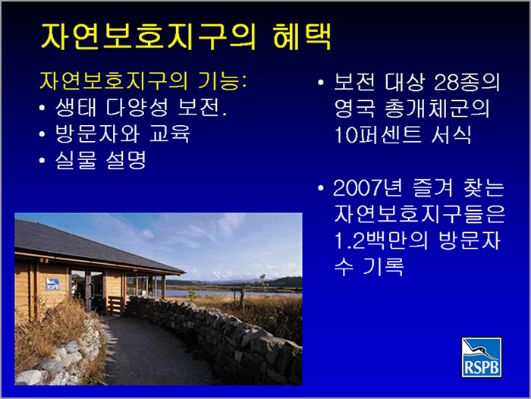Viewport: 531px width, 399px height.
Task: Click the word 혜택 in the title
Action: click(302, 36)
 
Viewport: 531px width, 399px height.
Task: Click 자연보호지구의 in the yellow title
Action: click(149, 36)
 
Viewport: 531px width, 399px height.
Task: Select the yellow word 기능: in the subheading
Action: click(222, 81)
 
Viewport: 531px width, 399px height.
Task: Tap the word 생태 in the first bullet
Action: click(76, 108)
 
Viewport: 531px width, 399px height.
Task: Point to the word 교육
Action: click(170, 134)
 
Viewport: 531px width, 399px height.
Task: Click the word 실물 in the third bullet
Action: click(76, 160)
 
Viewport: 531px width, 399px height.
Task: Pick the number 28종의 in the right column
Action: click(467, 82)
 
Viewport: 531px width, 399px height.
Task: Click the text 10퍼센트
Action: click(378, 135)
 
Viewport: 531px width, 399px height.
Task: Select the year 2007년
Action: click(368, 187)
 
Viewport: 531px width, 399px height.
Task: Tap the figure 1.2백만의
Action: click(381, 240)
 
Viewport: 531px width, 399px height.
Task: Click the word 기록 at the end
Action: click(383, 267)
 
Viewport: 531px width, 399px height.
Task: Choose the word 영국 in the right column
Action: click(354, 108)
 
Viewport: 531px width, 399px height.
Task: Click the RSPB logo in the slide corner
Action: click(481, 357)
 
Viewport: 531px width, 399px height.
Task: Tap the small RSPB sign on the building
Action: click(52, 284)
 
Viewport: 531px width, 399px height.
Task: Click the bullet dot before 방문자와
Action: click(42, 134)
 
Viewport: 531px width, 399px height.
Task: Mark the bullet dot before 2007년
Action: click(321, 188)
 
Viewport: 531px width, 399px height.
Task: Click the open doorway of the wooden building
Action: click(81, 291)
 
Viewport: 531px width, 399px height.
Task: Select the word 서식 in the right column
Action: click(451, 135)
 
